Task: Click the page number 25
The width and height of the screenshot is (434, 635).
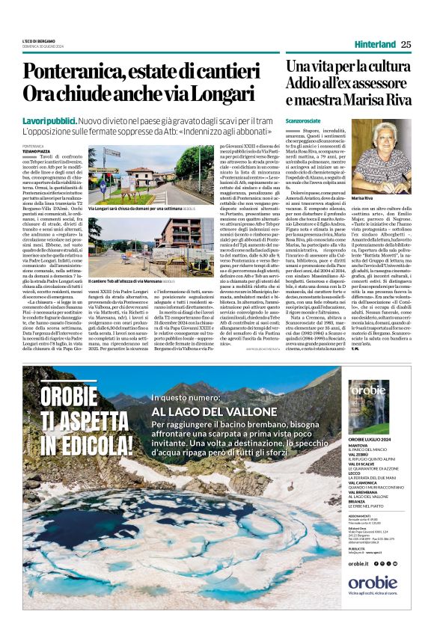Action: [x=405, y=44]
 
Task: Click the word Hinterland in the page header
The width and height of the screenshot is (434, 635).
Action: [x=374, y=44]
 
